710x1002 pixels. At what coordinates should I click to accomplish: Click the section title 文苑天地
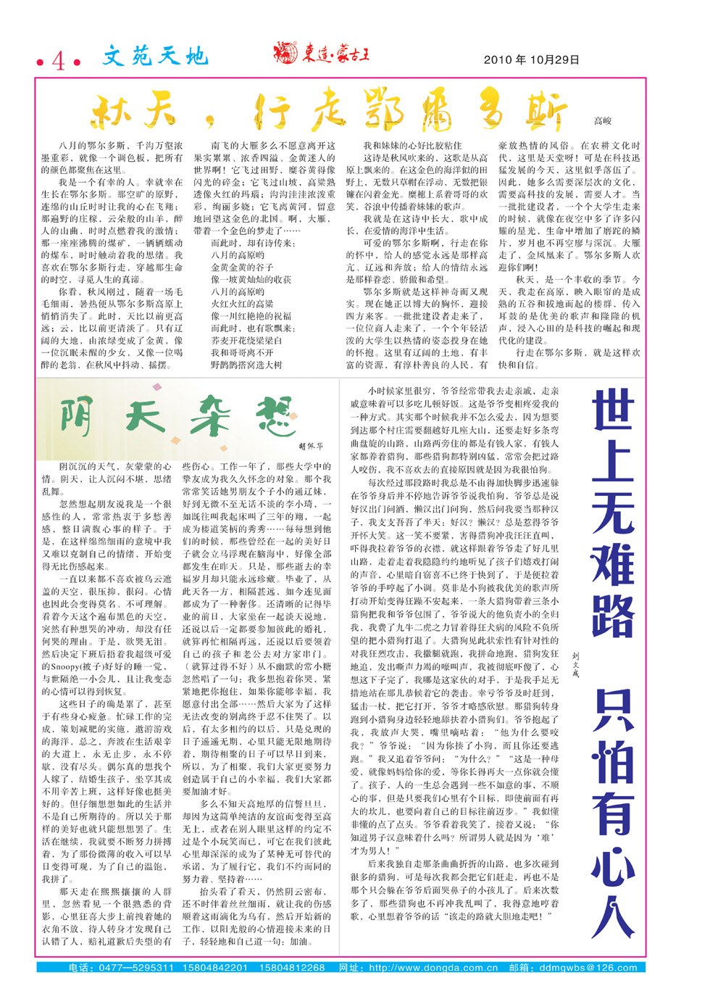click(x=155, y=57)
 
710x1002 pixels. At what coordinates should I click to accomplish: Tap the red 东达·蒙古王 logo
click(x=321, y=53)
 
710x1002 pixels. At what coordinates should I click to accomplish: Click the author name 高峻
click(x=603, y=121)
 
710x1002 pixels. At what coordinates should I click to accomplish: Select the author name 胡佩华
click(x=311, y=447)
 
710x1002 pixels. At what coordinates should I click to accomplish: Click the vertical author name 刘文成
click(x=575, y=664)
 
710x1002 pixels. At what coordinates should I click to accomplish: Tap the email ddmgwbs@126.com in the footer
click(x=588, y=968)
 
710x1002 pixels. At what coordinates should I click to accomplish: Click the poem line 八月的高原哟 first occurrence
click(x=238, y=256)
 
